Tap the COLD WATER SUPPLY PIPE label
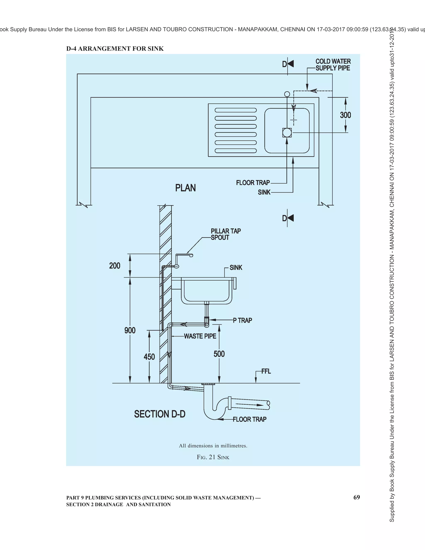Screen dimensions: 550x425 pyautogui.click(x=333, y=65)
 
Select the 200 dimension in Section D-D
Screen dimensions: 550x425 pyautogui.click(x=115, y=266)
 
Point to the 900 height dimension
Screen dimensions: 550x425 pyautogui.click(x=130, y=330)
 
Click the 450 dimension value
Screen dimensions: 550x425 pyautogui.click(x=149, y=357)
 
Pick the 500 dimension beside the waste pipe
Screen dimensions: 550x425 pyautogui.click(x=219, y=354)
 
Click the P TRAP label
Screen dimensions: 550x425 pyautogui.click(x=242, y=320)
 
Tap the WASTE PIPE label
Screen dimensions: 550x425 pyautogui.click(x=200, y=336)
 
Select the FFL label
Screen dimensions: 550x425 pyautogui.click(x=266, y=371)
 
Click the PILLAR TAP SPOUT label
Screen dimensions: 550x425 pyautogui.click(x=226, y=234)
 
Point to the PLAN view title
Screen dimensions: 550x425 pyautogui.click(x=185, y=188)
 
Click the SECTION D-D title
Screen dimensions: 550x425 pyautogui.click(x=160, y=414)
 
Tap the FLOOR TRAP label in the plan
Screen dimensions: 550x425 pyautogui.click(x=253, y=183)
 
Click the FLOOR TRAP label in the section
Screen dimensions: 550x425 pyautogui.click(x=249, y=419)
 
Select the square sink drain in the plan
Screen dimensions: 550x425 pyautogui.click(x=287, y=132)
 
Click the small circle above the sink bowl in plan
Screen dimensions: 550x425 pyautogui.click(x=287, y=94)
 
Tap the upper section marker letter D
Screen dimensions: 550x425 pyautogui.click(x=285, y=64)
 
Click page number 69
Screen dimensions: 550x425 pyautogui.click(x=357, y=497)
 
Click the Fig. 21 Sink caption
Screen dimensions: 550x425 pyautogui.click(x=213, y=457)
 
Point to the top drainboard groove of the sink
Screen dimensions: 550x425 pyautogui.click(x=236, y=110)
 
